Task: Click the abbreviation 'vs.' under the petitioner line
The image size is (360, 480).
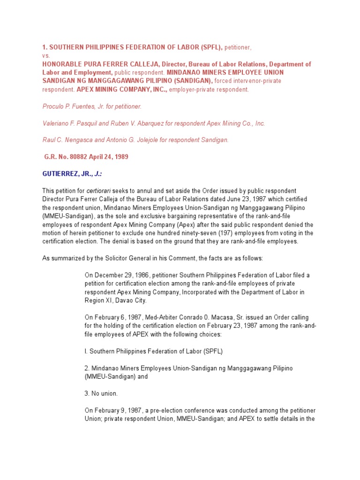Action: click(x=46, y=55)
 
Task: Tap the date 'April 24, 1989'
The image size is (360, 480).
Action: click(x=110, y=157)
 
